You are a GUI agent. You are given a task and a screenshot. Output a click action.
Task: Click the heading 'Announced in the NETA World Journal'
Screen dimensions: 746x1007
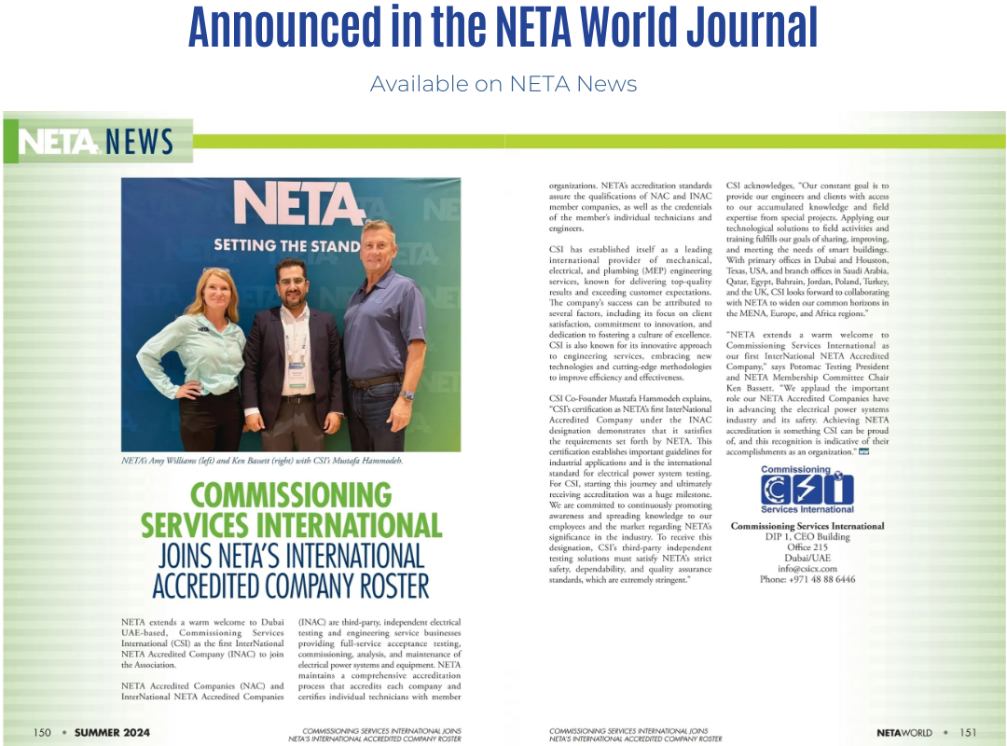coord(504,28)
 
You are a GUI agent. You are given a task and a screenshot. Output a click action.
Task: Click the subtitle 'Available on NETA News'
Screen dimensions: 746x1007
coord(504,84)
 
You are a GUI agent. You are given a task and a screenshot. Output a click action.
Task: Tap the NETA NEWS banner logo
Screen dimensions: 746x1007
coord(97,142)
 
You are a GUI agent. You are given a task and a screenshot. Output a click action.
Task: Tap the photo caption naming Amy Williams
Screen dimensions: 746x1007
coord(261,462)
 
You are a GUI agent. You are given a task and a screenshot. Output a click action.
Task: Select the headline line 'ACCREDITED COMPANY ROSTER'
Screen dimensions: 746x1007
coord(290,587)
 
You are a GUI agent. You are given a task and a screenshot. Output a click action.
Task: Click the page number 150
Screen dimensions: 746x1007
coord(42,732)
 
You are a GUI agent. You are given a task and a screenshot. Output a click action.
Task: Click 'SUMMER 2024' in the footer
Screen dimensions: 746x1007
coord(112,732)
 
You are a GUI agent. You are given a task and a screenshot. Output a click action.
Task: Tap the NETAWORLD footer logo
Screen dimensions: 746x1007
coord(905,732)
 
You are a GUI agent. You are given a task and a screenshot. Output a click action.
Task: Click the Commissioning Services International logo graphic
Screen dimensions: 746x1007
coord(807,490)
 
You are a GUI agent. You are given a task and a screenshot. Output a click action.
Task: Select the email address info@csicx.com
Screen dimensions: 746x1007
coord(807,568)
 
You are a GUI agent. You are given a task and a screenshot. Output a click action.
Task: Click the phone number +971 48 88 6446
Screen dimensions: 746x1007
coord(807,579)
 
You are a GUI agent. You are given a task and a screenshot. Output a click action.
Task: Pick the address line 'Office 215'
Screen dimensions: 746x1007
coord(807,547)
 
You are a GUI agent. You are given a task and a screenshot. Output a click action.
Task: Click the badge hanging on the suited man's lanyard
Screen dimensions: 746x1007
coord(297,373)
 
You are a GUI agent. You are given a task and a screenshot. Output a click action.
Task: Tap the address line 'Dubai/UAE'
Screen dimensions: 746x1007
coord(807,558)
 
